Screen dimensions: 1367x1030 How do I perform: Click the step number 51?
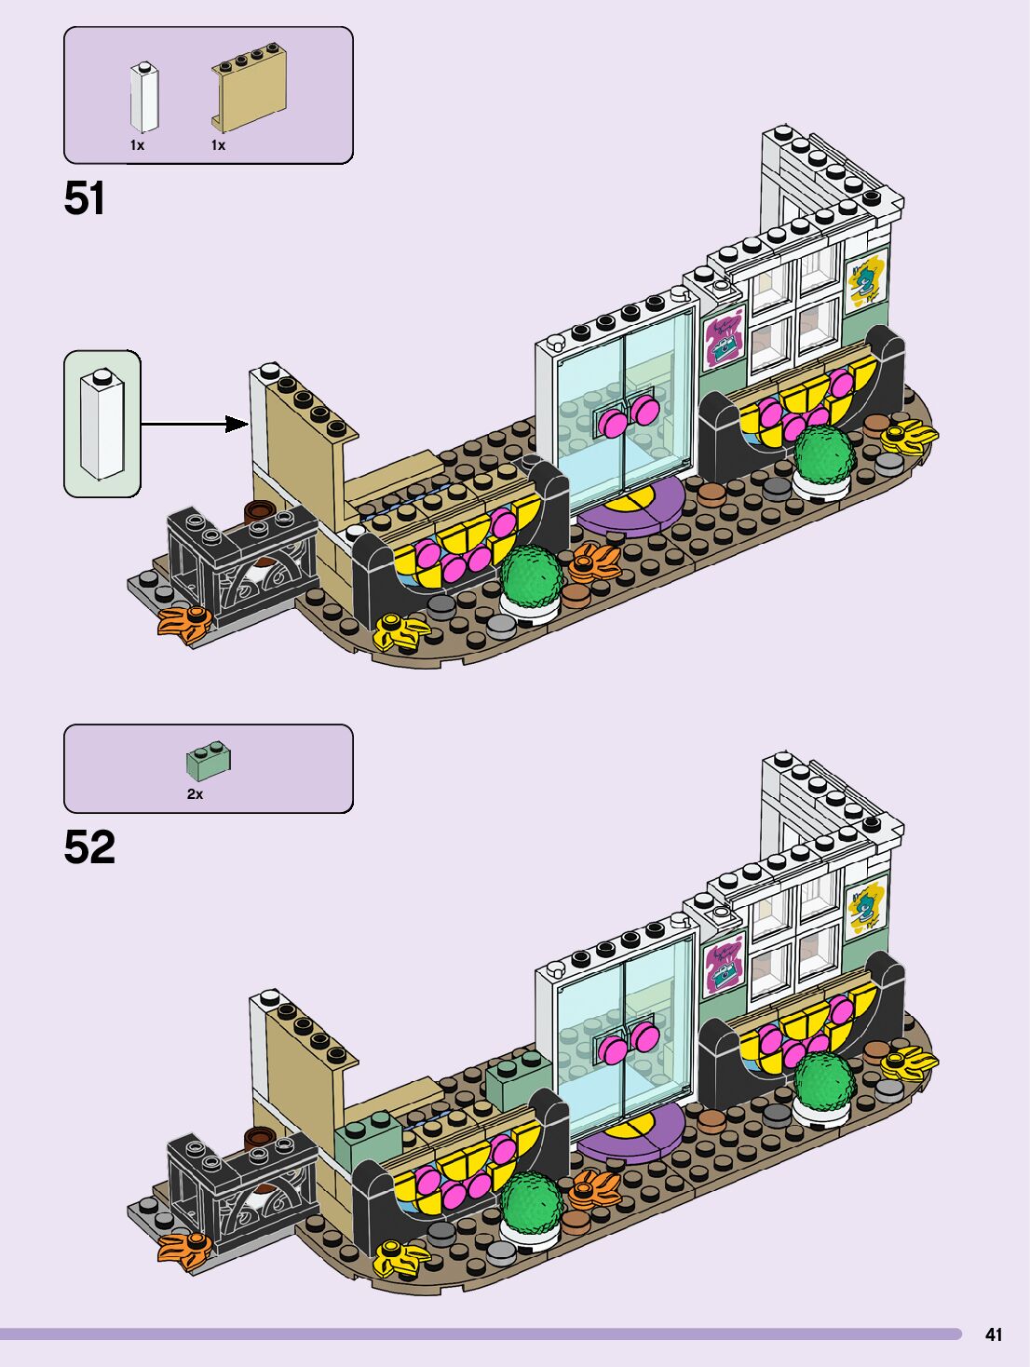click(x=85, y=198)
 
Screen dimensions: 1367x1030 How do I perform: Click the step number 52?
click(x=89, y=846)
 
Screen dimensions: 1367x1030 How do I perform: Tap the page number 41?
click(x=994, y=1334)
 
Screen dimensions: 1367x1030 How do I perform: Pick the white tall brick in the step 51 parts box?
click(x=143, y=97)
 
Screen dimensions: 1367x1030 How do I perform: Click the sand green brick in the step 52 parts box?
click(x=209, y=760)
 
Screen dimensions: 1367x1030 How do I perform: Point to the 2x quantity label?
click(x=195, y=794)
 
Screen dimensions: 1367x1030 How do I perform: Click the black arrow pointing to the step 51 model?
click(x=195, y=425)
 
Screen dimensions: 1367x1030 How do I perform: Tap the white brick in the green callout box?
click(x=102, y=424)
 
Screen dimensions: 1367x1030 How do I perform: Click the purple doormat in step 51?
click(x=630, y=506)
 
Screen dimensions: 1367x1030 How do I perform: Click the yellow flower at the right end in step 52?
click(x=908, y=1060)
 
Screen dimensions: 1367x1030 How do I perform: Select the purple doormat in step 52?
click(x=630, y=1130)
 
